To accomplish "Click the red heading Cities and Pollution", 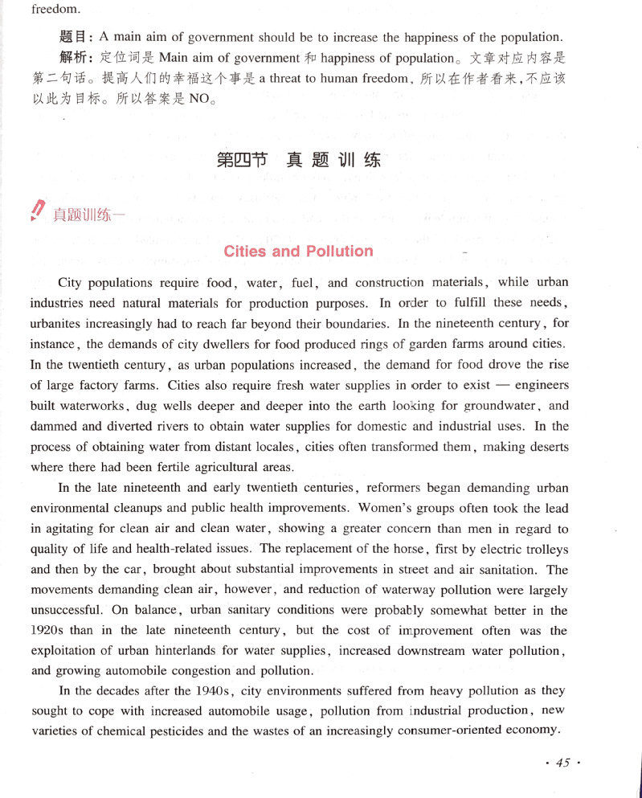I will [x=298, y=252].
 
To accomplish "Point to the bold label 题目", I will [x=77, y=37].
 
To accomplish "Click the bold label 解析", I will [x=77, y=58].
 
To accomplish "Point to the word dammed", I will [x=55, y=427].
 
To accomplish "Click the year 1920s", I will [x=49, y=632].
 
